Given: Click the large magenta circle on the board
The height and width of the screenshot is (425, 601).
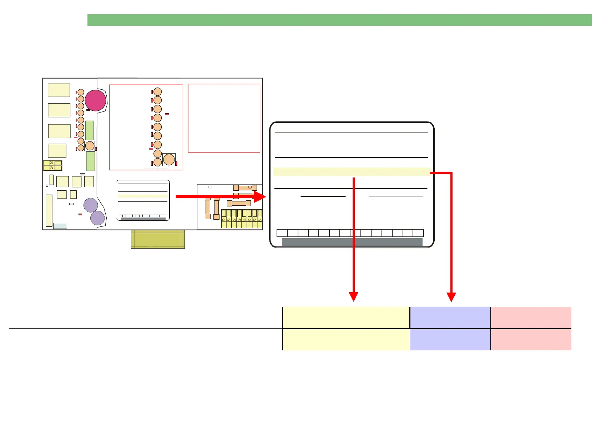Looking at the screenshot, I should click(95, 100).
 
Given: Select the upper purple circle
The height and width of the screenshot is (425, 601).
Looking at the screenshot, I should click(91, 205).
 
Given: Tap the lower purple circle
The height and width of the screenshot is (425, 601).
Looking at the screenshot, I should click(97, 218).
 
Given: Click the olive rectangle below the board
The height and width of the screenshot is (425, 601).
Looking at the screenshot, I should click(158, 239).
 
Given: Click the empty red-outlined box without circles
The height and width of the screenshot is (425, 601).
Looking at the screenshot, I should click(224, 118).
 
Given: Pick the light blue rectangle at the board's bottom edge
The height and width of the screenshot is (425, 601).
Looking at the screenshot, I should click(60, 226).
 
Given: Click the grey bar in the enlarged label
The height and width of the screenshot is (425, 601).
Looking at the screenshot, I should click(352, 242).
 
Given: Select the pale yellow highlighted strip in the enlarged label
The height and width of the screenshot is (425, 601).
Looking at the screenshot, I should click(352, 172).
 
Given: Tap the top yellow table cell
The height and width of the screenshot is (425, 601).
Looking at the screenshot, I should click(346, 317).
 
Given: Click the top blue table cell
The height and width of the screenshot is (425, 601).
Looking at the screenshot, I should click(450, 317).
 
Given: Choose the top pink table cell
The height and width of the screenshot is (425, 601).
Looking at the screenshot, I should click(531, 317).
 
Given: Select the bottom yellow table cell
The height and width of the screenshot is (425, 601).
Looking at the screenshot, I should click(346, 340).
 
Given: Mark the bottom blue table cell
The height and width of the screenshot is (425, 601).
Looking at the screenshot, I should click(450, 340).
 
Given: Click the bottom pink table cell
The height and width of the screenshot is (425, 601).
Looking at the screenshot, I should click(531, 340).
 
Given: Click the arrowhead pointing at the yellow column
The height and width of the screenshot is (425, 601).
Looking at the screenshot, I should click(353, 297).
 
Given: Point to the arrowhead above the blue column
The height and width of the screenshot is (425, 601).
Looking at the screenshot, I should click(451, 297).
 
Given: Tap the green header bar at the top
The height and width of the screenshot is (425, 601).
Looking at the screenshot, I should click(339, 20).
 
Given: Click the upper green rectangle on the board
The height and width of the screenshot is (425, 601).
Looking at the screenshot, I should click(90, 130).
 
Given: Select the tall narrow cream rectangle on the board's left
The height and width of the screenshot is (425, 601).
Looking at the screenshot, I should click(49, 210).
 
